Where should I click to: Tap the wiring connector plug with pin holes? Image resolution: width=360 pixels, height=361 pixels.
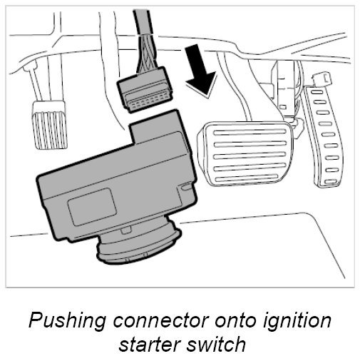pyautogui.click(x=145, y=90)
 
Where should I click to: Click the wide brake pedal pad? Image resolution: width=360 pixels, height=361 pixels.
pyautogui.click(x=245, y=154)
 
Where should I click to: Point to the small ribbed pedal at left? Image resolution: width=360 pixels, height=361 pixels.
pyautogui.click(x=49, y=125)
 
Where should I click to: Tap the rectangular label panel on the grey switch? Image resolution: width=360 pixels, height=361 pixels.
pyautogui.click(x=92, y=206)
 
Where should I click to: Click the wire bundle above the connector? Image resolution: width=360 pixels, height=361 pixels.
pyautogui.click(x=145, y=54)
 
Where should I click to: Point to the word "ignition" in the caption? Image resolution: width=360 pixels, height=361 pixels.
pyautogui.click(x=297, y=321)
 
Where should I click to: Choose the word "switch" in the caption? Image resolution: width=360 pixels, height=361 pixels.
pyautogui.click(x=216, y=344)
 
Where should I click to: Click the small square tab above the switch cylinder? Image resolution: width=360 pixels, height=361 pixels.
pyautogui.click(x=125, y=230)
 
